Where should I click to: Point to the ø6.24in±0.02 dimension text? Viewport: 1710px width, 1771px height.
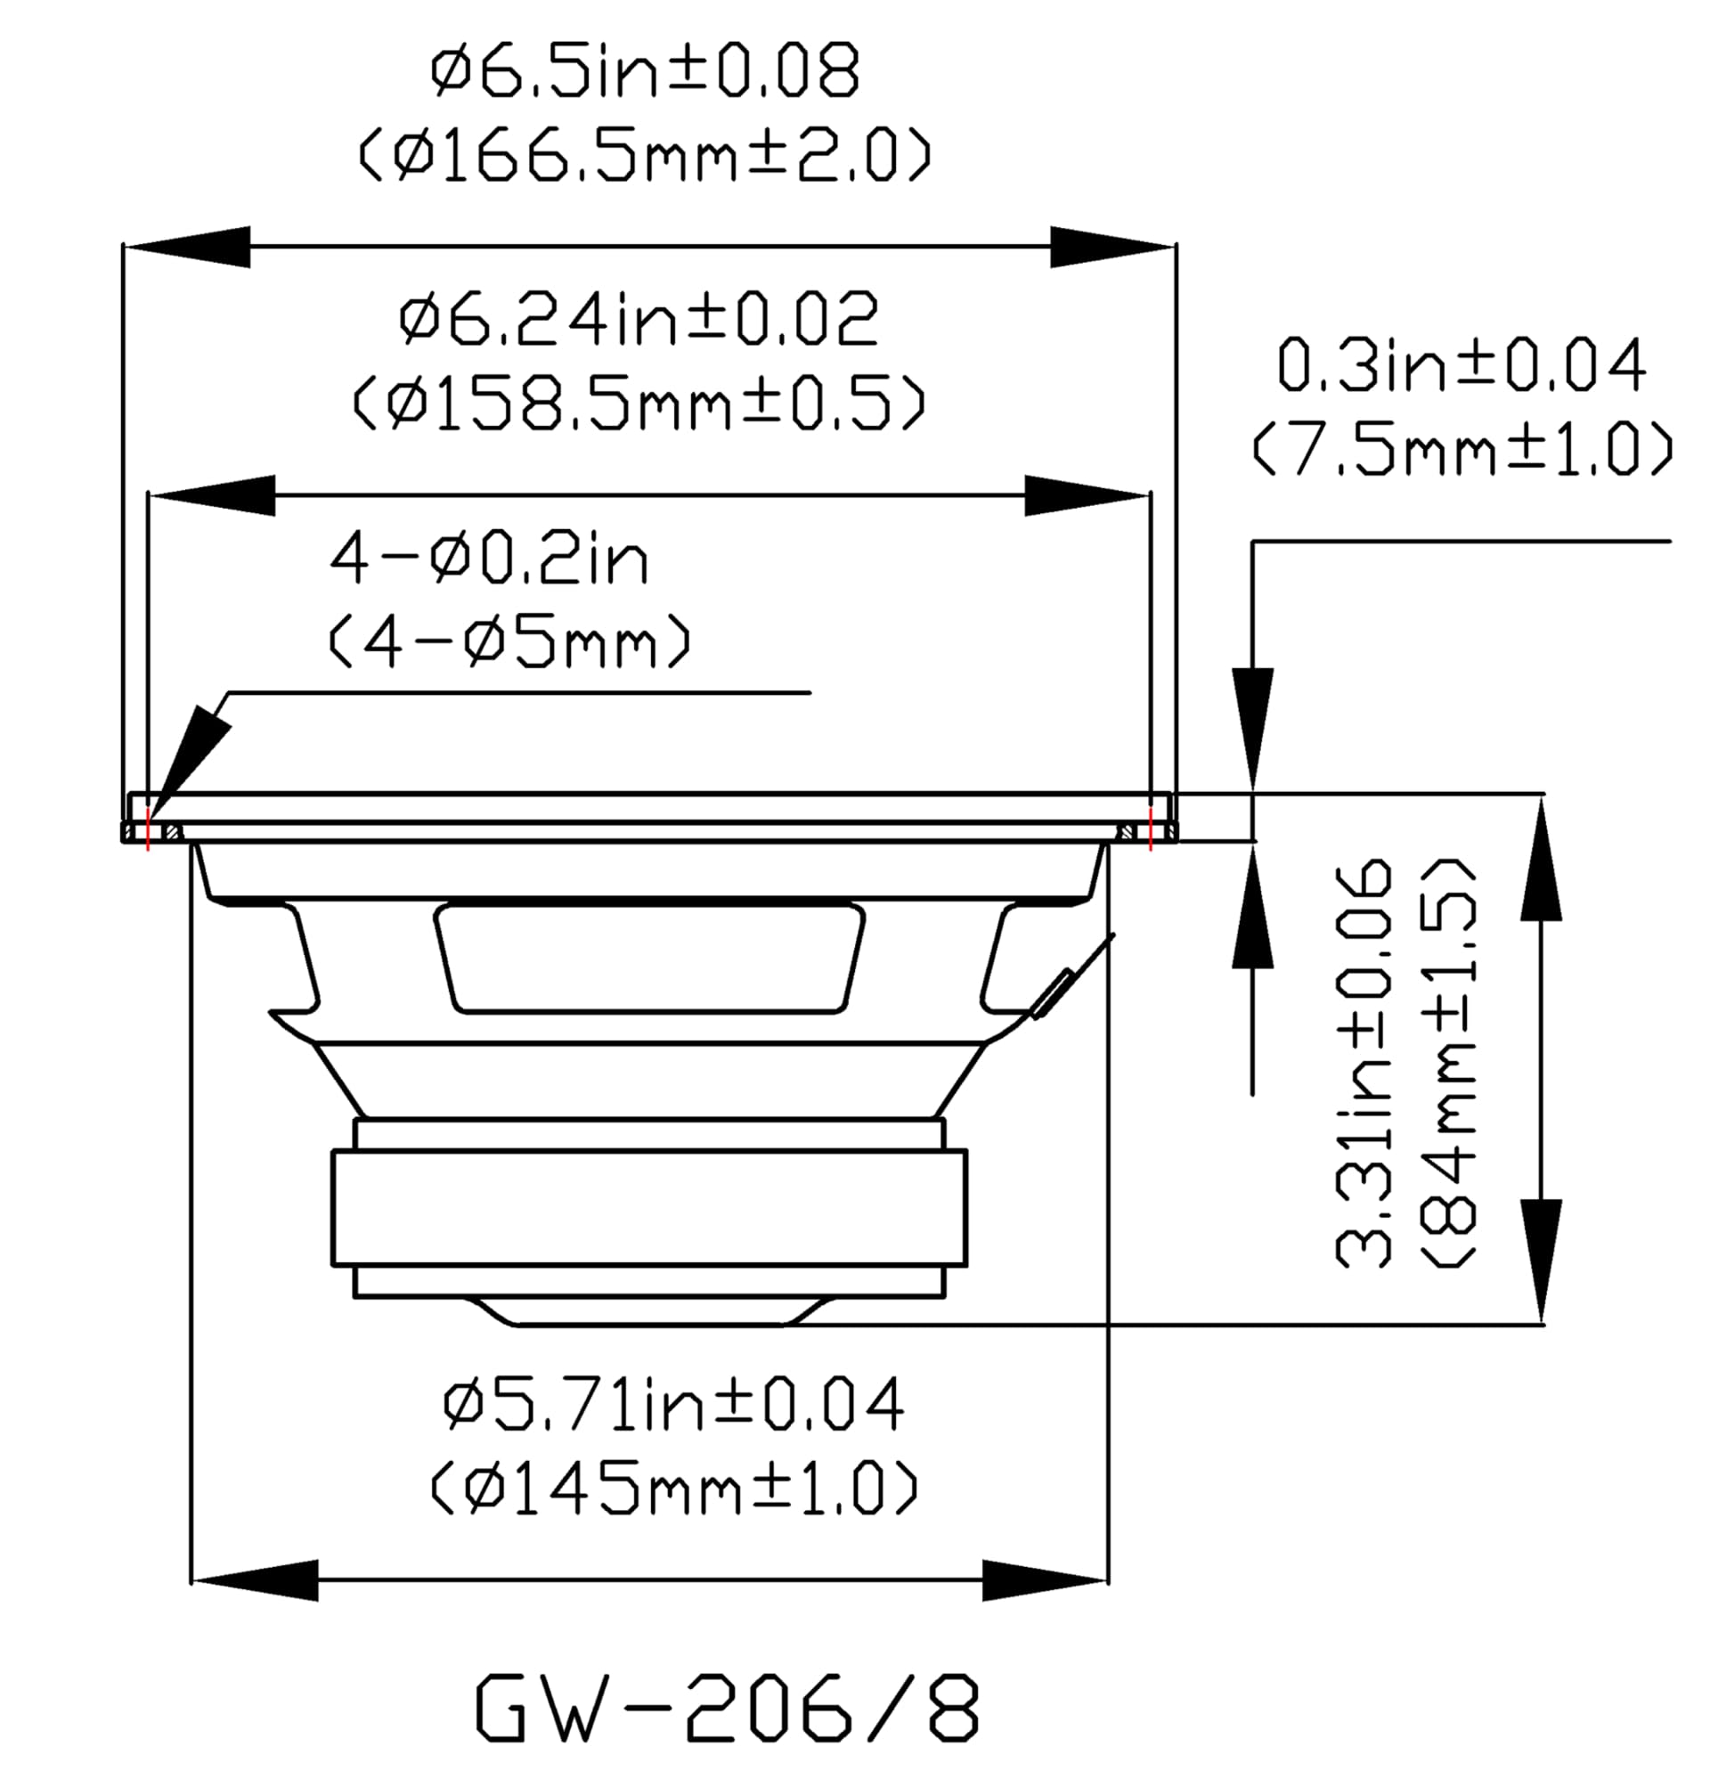coord(639,320)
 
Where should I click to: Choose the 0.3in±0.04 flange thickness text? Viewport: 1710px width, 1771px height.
coord(1462,366)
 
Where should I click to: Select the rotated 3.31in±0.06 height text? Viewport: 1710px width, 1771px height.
coord(1364,1064)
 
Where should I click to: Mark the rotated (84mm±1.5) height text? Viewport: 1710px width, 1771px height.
coord(1448,1064)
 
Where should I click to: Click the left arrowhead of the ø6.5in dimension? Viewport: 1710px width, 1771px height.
coord(186,246)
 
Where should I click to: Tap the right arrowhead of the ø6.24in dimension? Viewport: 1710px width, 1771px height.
coord(1087,495)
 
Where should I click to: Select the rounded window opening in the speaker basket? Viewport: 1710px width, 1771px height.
coord(648,957)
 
